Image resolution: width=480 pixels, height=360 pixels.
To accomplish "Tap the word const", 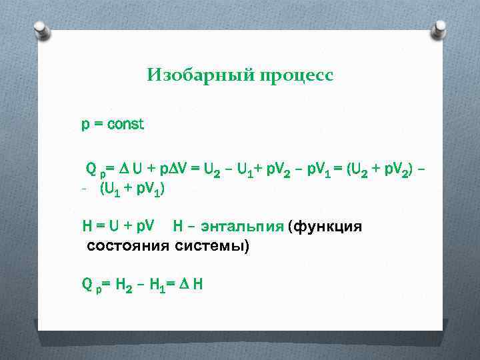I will click(x=125, y=124).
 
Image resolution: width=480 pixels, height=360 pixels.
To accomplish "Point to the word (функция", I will click(x=325, y=227).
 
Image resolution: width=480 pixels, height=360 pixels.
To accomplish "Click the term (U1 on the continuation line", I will click(x=111, y=189).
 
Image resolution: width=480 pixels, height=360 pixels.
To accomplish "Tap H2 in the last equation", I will click(x=125, y=285).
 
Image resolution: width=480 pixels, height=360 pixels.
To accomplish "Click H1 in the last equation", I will click(x=158, y=285).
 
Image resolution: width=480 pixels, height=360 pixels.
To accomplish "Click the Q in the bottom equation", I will click(x=87, y=285).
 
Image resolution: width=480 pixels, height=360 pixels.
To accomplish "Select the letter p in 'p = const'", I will click(x=85, y=125).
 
